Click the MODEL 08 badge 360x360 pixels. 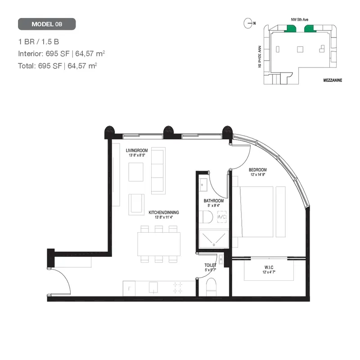(x=47, y=24)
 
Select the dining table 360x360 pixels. (x=159, y=243)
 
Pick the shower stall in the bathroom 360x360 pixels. (x=213, y=239)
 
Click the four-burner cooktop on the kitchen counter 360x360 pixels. (x=178, y=287)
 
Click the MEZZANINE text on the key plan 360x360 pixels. (x=333, y=80)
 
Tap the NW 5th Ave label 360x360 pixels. (x=298, y=20)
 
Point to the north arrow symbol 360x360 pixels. (x=247, y=22)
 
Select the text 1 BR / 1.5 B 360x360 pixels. (x=39, y=42)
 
